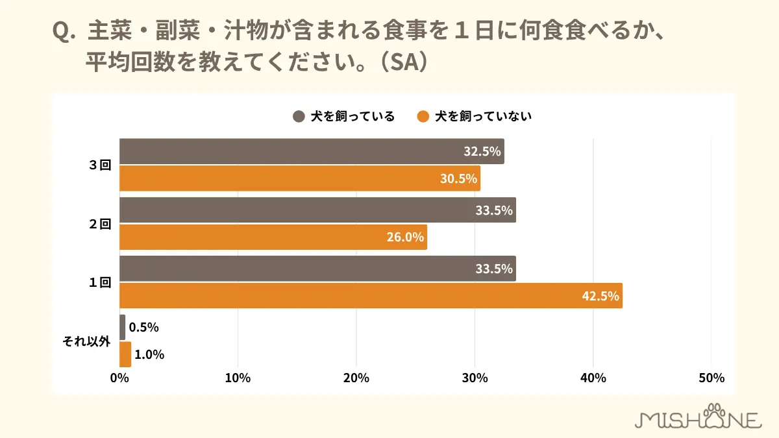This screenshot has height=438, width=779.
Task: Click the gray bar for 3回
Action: click(x=312, y=151)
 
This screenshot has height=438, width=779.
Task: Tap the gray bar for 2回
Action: click(x=317, y=210)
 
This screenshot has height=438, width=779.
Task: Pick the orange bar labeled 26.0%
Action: click(x=273, y=237)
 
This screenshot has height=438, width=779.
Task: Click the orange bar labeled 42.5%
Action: click(x=371, y=295)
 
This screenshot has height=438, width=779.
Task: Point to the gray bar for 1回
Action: click(x=317, y=269)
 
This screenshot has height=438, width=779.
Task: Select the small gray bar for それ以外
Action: click(x=123, y=328)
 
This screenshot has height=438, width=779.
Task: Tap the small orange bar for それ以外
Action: click(x=125, y=354)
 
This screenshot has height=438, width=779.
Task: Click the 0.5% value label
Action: click(x=143, y=328)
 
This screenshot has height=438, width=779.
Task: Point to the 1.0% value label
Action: click(x=149, y=354)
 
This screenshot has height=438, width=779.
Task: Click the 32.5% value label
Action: click(x=482, y=152)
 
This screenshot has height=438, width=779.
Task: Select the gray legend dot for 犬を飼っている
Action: click(x=299, y=117)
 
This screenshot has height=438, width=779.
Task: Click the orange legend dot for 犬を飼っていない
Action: click(x=423, y=117)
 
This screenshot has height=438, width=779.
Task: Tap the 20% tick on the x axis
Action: click(x=356, y=378)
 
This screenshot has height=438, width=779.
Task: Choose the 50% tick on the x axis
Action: click(x=711, y=378)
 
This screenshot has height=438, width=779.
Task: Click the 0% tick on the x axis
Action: click(x=120, y=378)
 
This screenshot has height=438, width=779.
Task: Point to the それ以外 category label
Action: click(x=86, y=341)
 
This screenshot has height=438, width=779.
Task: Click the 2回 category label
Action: click(x=101, y=224)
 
